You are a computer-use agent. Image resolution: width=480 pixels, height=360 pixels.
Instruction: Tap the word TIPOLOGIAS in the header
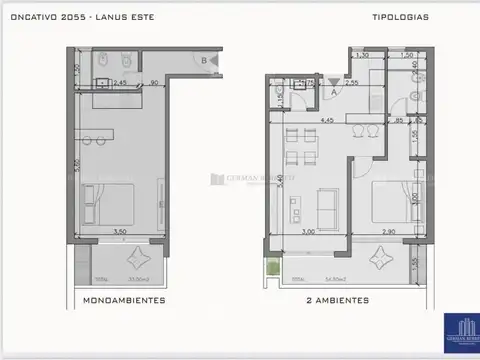point(400,18)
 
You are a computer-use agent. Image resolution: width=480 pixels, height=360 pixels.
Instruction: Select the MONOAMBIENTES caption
point(110,299)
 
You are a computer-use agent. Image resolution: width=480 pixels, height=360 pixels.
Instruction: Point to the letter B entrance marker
point(204,60)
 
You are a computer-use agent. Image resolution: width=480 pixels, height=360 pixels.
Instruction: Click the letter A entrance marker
point(333,88)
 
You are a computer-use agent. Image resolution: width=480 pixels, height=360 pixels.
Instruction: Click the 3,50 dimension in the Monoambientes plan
point(119,232)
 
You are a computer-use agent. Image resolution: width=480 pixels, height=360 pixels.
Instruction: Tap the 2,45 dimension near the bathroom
point(120,83)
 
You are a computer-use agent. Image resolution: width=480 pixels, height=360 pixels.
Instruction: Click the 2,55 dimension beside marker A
point(353,84)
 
